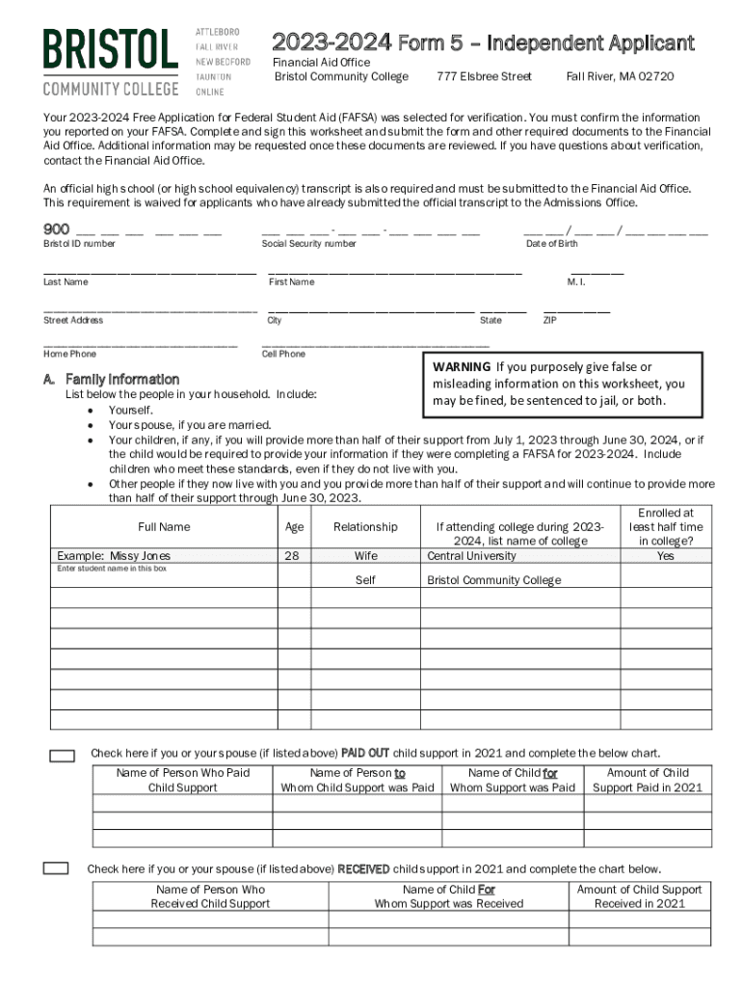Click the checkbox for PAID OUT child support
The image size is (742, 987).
pyautogui.click(x=62, y=756)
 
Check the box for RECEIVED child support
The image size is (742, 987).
pyautogui.click(x=56, y=868)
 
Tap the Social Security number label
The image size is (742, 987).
pyautogui.click(x=308, y=244)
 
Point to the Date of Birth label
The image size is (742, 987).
pyautogui.click(x=552, y=244)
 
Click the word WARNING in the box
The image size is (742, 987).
pyautogui.click(x=462, y=367)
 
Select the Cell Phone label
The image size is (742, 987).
pyautogui.click(x=283, y=354)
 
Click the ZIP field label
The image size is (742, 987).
pyautogui.click(x=549, y=320)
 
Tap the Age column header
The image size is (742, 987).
pyautogui.click(x=295, y=527)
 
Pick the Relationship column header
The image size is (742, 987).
pyautogui.click(x=365, y=527)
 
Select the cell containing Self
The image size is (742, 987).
pyautogui.click(x=365, y=580)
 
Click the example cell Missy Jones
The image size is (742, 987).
pyautogui.click(x=114, y=556)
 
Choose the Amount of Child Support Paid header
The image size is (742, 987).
pyautogui.click(x=648, y=780)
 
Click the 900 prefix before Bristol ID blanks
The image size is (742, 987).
pyautogui.click(x=56, y=229)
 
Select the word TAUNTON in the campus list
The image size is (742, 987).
pyautogui.click(x=213, y=76)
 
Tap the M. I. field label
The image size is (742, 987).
pyautogui.click(x=576, y=281)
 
